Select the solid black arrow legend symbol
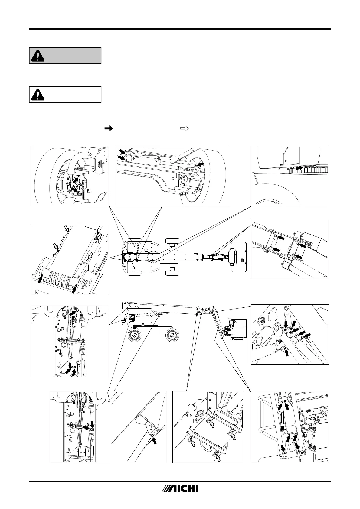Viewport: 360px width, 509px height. pyautogui.click(x=108, y=129)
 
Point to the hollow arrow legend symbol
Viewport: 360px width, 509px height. pyautogui.click(x=184, y=129)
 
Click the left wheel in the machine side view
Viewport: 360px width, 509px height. pyautogui.click(x=135, y=335)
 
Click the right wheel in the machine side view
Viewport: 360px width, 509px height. pyautogui.click(x=172, y=335)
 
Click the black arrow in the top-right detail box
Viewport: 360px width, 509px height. pyautogui.click(x=299, y=167)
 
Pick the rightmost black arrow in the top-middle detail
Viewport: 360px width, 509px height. pyautogui.click(x=200, y=164)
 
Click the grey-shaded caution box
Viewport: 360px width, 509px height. pyautogui.click(x=65, y=56)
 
